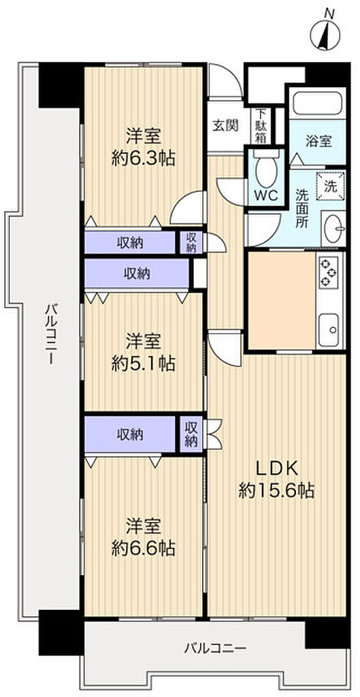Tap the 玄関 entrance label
click(x=225, y=125)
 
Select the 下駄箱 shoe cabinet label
click(x=261, y=126)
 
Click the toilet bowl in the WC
click(x=266, y=171)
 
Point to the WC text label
click(x=266, y=195)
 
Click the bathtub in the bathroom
click(x=317, y=103)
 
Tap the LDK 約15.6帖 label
click(x=276, y=480)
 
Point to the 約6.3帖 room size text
click(x=143, y=158)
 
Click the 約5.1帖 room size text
click(x=143, y=365)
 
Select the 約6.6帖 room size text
click(x=143, y=549)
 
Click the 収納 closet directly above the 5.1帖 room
click(x=137, y=274)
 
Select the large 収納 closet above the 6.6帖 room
click(x=130, y=435)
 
